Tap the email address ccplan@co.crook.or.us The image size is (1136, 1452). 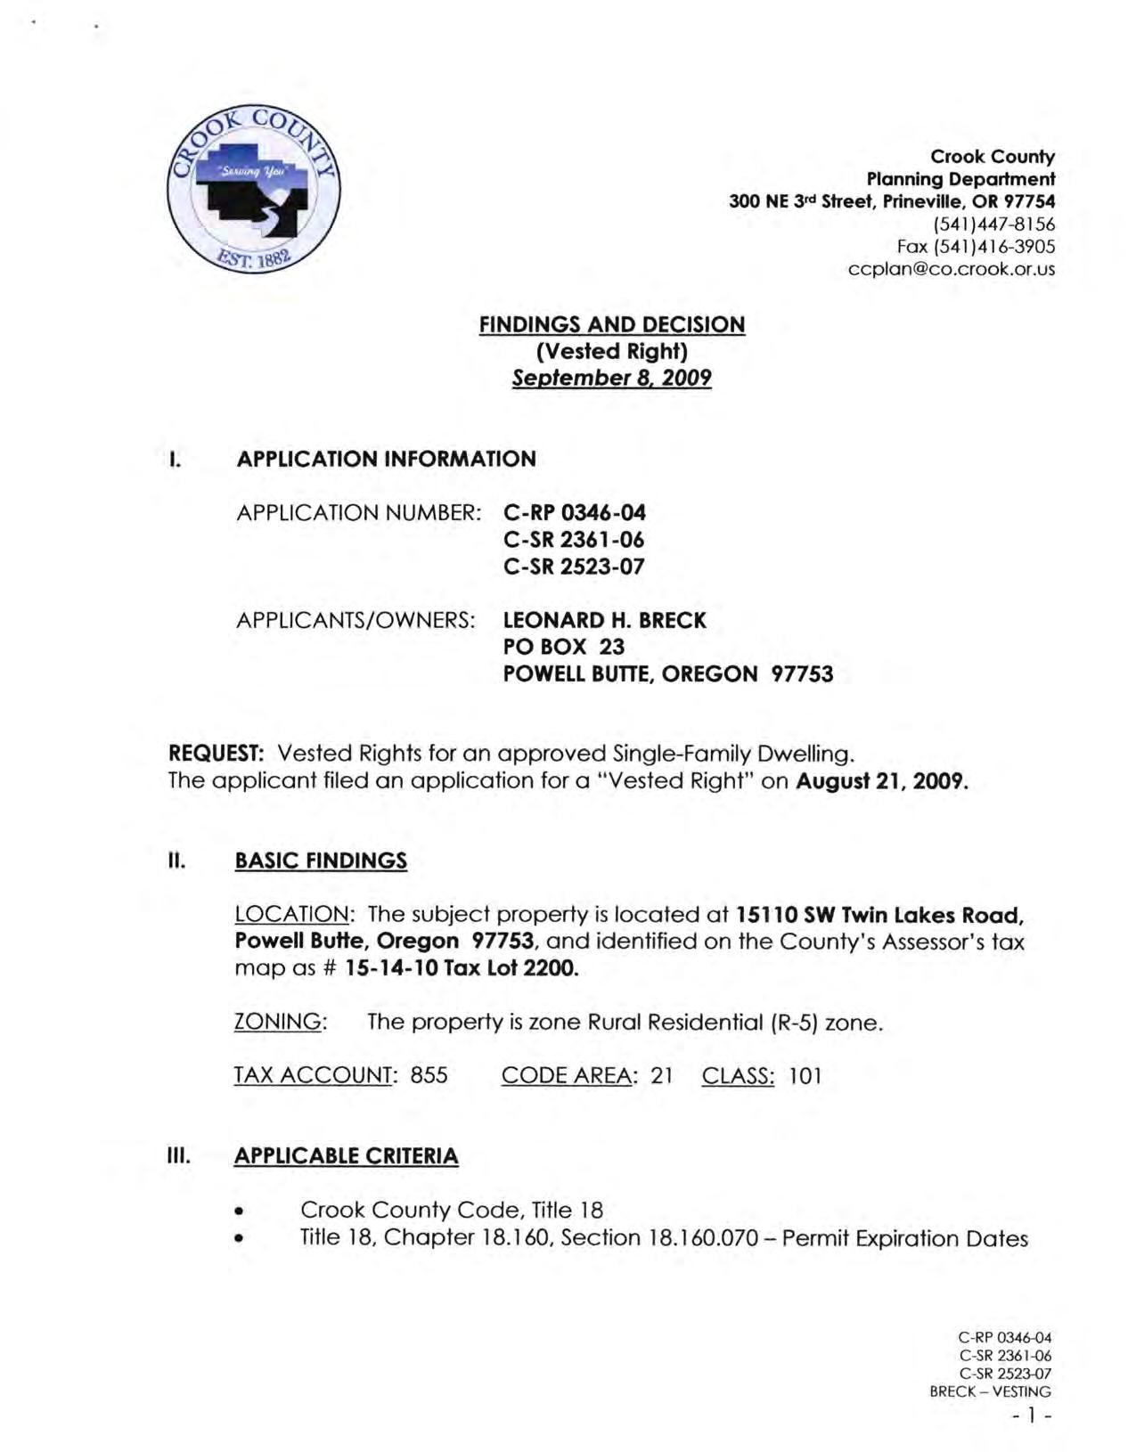pyautogui.click(x=951, y=269)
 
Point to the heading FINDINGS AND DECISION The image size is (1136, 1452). pyautogui.click(x=612, y=324)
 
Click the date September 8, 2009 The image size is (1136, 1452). pyautogui.click(x=612, y=378)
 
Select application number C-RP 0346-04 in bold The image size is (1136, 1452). pyautogui.click(x=574, y=513)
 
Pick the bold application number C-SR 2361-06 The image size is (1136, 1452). pyautogui.click(x=574, y=540)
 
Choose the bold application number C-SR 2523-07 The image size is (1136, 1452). pyautogui.click(x=574, y=567)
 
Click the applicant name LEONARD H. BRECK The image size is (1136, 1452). pyautogui.click(x=604, y=620)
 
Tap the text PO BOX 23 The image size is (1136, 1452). pyautogui.click(x=563, y=647)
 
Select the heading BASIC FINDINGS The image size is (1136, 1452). pyautogui.click(x=321, y=861)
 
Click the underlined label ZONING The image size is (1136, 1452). pyautogui.click(x=277, y=1022)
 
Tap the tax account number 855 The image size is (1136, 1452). pyautogui.click(x=429, y=1076)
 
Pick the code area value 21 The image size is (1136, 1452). pyautogui.click(x=661, y=1076)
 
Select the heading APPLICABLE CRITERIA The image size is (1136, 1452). pyautogui.click(x=346, y=1156)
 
